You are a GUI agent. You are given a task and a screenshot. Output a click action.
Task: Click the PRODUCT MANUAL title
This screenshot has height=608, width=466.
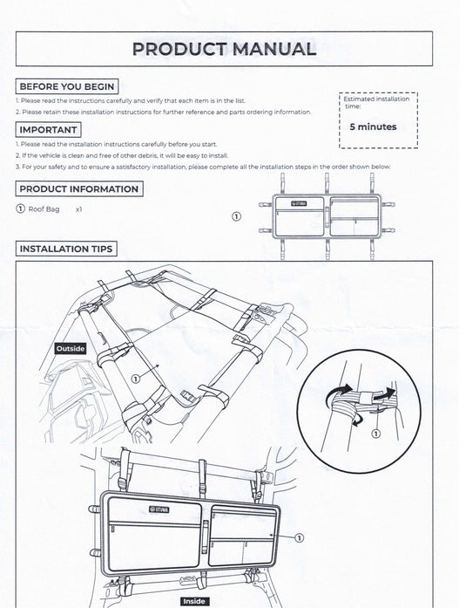point(224,49)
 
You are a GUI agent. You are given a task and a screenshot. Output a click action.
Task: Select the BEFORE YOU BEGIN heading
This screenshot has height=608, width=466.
point(67,86)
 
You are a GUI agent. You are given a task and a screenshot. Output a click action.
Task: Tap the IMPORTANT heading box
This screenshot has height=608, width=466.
point(49,129)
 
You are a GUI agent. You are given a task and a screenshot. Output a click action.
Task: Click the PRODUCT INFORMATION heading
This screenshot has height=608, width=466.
point(79,188)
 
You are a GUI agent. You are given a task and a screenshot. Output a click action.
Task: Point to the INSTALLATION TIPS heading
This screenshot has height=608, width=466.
point(66,249)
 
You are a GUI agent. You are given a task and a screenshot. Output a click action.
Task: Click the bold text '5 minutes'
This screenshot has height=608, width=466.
point(373,126)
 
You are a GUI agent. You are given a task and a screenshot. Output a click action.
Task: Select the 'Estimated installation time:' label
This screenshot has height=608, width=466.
point(375,102)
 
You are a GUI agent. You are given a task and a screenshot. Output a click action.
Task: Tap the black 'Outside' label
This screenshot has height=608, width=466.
point(71,349)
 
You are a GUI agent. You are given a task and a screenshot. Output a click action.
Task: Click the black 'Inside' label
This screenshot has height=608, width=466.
point(194,601)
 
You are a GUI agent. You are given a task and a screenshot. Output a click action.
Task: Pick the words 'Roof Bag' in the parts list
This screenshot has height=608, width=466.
point(44,209)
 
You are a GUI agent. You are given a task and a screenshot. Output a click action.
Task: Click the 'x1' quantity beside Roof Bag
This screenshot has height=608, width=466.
point(79,209)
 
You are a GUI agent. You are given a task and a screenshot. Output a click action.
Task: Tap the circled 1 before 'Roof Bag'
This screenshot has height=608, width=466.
point(21,208)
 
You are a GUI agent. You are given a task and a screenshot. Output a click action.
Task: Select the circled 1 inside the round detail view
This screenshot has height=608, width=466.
point(375,434)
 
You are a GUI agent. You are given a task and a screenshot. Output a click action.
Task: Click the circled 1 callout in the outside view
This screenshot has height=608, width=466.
point(135,379)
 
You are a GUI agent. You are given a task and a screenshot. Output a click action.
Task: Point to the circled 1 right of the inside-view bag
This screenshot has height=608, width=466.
point(299,538)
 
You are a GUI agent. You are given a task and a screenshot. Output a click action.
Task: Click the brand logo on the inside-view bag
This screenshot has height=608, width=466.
point(159,509)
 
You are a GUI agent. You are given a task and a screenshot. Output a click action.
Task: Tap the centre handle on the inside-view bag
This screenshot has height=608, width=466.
point(205,536)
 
